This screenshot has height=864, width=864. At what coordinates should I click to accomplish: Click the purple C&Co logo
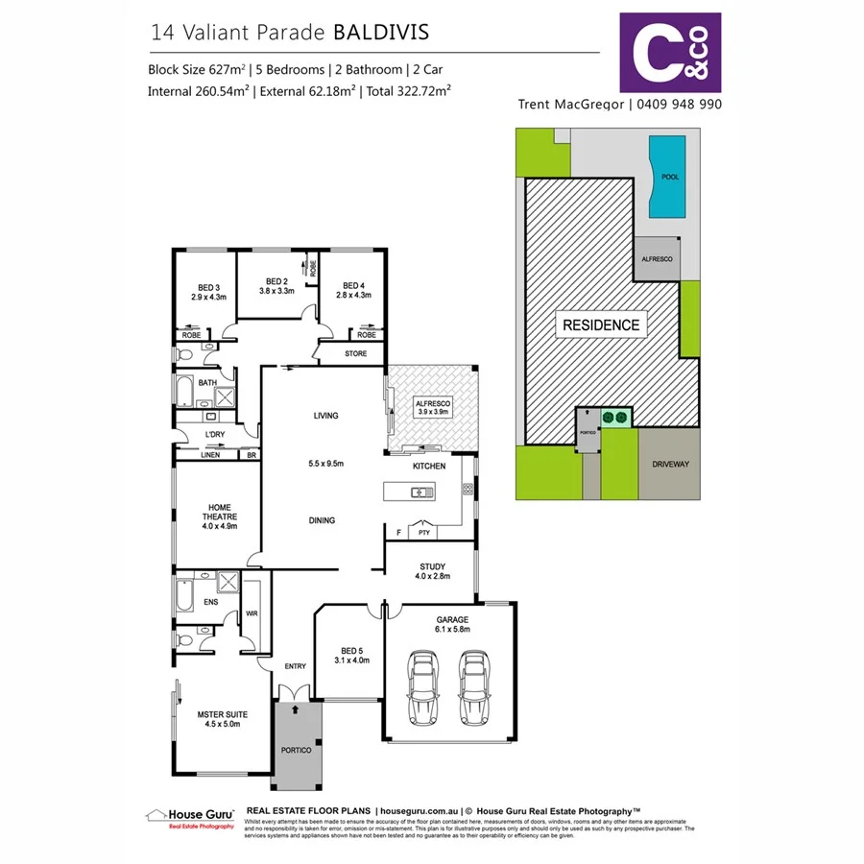coord(670,52)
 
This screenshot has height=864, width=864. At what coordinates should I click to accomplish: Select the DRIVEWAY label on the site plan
coord(671,463)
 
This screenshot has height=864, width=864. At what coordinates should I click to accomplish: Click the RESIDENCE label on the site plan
coord(600,325)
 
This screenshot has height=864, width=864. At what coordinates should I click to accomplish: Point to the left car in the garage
coord(422,687)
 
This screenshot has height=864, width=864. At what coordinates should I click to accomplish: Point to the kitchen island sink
coord(420,492)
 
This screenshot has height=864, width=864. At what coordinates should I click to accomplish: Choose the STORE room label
coord(355,353)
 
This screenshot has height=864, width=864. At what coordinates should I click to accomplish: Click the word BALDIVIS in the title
coord(380,32)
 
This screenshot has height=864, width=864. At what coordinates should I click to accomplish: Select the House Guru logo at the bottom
coord(189,818)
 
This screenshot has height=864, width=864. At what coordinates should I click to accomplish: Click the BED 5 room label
coord(349,655)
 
